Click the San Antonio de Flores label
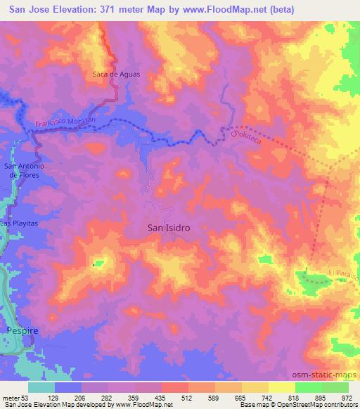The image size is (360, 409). click(25, 170)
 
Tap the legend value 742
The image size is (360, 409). click(259, 398)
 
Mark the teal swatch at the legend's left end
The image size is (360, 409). click(41, 387)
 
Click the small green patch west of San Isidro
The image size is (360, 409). click(98, 264)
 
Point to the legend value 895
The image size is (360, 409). click(321, 398)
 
